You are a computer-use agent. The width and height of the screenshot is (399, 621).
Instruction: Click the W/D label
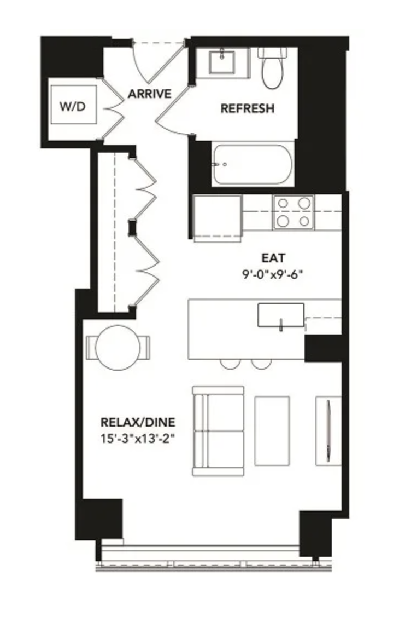click(73, 106)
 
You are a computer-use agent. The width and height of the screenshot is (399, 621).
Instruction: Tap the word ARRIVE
click(150, 94)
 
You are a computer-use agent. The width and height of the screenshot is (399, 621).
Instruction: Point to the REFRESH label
click(247, 108)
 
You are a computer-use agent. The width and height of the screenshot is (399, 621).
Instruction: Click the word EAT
click(273, 258)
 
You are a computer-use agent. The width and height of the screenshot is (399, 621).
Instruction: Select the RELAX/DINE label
click(138, 422)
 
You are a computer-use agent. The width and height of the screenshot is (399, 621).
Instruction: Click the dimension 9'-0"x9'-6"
click(273, 274)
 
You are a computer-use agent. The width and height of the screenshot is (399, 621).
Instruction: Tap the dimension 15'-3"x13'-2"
click(138, 439)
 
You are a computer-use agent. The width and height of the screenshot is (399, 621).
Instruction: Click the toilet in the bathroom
click(272, 67)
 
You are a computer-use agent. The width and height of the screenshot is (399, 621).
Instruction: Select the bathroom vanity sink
click(222, 61)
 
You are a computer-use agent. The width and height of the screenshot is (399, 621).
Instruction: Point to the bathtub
click(253, 164)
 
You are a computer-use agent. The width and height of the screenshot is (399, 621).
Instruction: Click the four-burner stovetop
click(294, 212)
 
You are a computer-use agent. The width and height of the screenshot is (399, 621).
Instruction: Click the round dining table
click(118, 348)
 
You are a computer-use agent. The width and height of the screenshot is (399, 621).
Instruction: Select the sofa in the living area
click(218, 431)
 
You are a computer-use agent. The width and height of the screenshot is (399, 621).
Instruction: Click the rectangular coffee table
click(272, 431)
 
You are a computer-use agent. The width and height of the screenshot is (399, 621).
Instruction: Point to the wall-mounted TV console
click(328, 431)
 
